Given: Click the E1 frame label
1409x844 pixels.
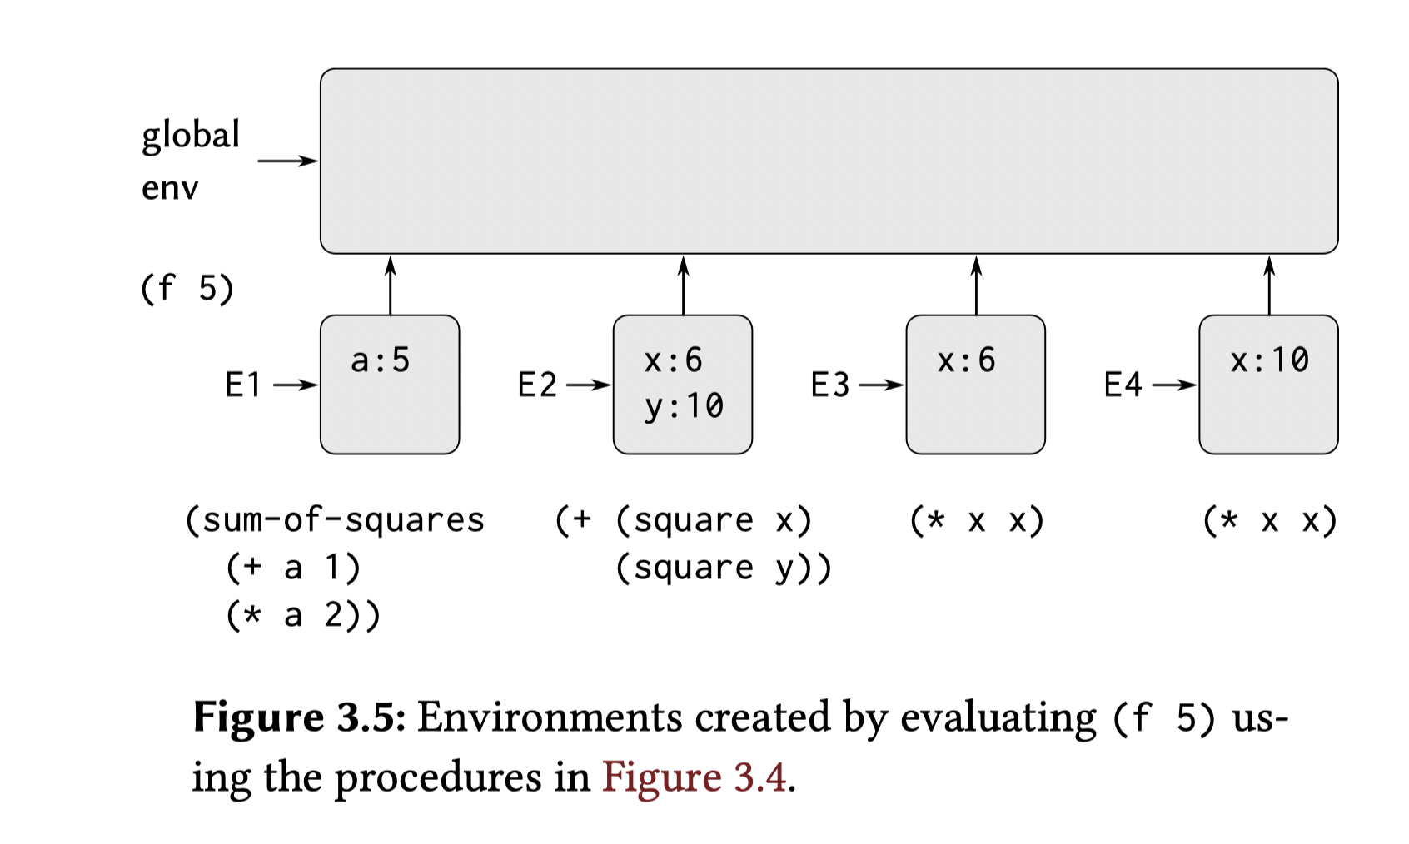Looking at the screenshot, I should tap(243, 385).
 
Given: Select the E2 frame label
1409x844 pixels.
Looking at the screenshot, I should tap(536, 385).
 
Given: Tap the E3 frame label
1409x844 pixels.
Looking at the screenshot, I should tap(829, 385).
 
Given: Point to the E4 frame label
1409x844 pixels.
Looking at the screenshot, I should tap(1123, 385).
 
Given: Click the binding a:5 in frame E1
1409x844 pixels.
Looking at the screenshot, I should tap(381, 360).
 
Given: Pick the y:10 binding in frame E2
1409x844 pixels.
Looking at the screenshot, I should tap(684, 406).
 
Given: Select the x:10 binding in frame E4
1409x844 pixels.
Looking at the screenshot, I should tap(1269, 360).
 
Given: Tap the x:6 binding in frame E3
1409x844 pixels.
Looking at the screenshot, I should tap(966, 360).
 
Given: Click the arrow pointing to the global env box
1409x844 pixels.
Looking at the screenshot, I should tap(287, 161).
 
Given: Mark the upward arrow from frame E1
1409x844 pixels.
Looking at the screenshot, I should tap(390, 285).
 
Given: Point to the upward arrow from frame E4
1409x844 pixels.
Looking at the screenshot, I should tap(1269, 285).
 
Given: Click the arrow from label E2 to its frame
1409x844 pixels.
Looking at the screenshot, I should tap(588, 385).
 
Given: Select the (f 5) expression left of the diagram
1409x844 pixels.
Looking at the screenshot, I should tap(187, 289).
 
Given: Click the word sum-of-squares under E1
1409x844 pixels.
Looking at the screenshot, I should tap(343, 520).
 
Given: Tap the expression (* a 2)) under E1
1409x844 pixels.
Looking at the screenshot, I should tap(303, 615).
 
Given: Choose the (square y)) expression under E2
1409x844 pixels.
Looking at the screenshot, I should tap(723, 568).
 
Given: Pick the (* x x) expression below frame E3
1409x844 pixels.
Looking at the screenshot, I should tap(976, 521).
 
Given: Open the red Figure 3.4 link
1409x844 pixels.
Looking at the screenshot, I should tap(695, 777).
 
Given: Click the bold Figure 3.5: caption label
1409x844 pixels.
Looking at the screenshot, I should tap(299, 717).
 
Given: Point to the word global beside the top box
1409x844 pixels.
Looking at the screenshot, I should tap(191, 135).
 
